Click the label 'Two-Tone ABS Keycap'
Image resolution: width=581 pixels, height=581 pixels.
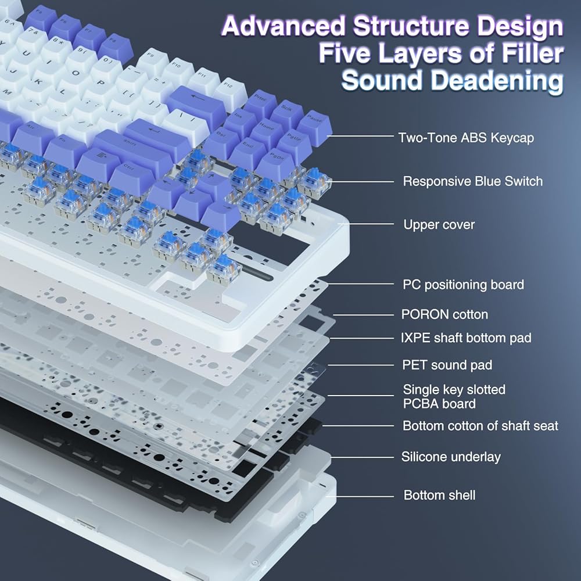(466, 138)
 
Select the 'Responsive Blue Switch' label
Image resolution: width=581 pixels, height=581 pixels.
(473, 181)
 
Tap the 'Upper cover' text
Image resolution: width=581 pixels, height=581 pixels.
(439, 224)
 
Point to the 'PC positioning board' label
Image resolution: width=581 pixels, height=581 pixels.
(464, 285)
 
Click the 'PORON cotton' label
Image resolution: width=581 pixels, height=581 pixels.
(444, 314)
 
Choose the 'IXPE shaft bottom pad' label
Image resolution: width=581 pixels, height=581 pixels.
(466, 338)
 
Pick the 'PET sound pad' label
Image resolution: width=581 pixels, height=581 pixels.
(447, 365)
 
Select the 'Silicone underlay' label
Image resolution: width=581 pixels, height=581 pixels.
(451, 457)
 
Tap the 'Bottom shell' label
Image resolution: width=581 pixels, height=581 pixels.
(439, 495)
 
